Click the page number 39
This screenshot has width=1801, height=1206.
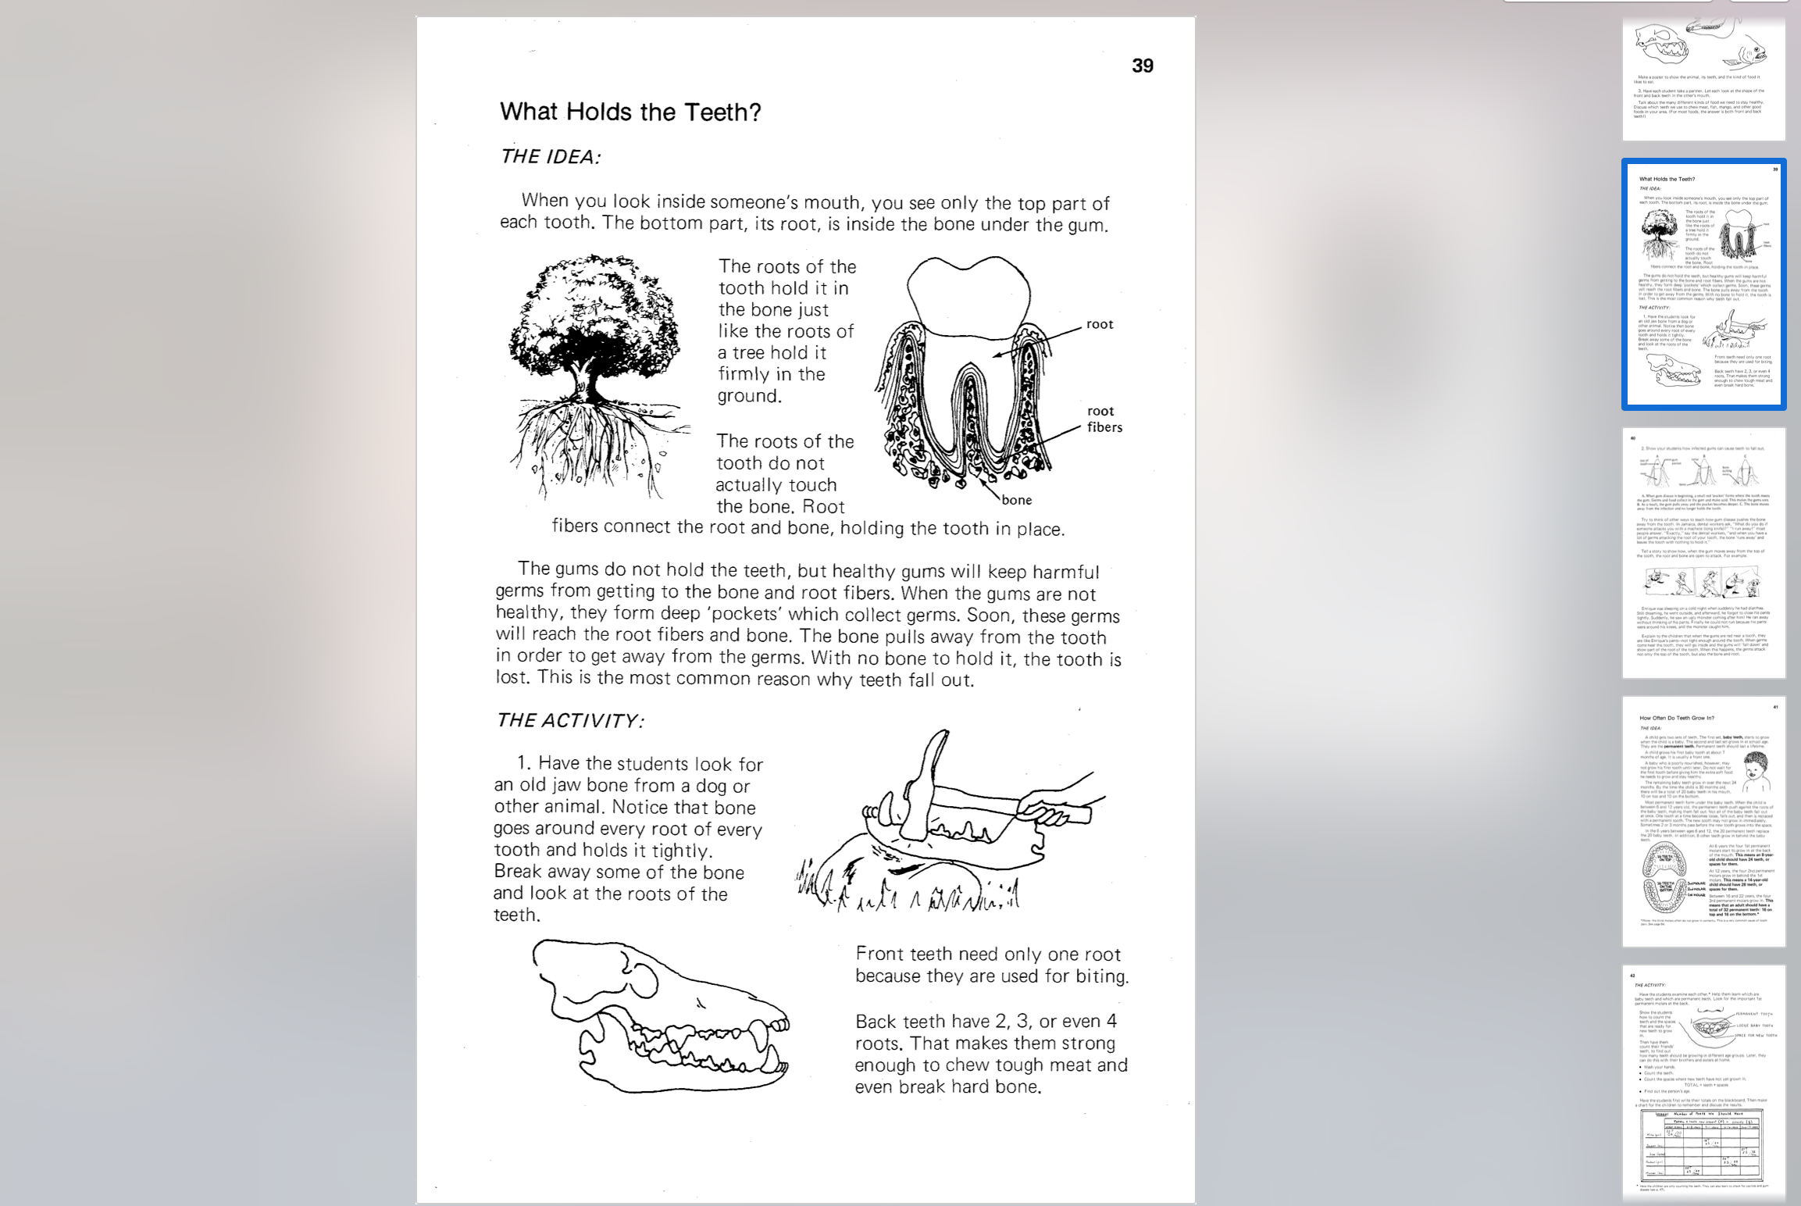[1142, 66]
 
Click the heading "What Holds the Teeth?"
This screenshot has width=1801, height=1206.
[629, 112]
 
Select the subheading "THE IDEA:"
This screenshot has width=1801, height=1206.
[550, 157]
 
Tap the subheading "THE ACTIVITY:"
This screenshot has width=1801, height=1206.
[569, 720]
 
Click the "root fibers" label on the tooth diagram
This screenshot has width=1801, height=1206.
[1104, 419]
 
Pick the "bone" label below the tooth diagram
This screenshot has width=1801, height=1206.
[1016, 500]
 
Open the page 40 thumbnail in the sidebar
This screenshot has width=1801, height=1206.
[1703, 552]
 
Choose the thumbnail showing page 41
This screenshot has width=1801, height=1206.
[1703, 821]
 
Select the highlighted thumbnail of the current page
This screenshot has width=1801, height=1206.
[1703, 284]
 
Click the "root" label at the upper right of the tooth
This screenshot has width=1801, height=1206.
[1099, 324]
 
